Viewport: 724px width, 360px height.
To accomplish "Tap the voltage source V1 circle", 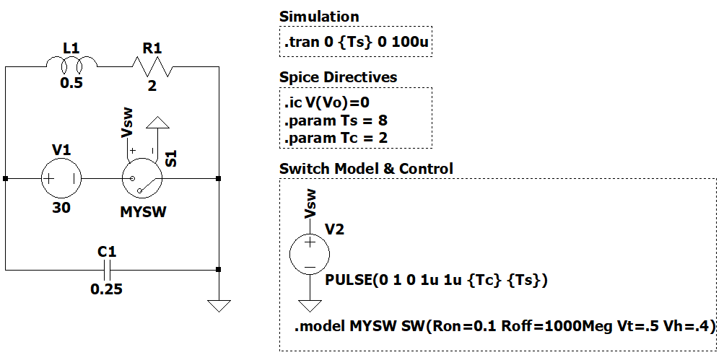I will pos(61,177).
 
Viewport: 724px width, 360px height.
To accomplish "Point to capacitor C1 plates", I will pos(108,271).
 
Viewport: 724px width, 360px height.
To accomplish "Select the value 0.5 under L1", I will pos(71,83).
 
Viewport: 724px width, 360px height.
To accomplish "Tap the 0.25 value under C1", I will pos(106,290).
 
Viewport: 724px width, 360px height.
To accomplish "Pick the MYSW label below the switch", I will pos(141,213).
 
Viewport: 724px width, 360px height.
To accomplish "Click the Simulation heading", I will pos(318,17).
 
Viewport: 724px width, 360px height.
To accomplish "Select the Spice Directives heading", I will pos(338,77).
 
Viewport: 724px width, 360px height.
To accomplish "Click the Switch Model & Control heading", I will pos(366,169).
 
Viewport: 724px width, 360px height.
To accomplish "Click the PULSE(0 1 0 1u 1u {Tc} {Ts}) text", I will pos(437,280).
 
